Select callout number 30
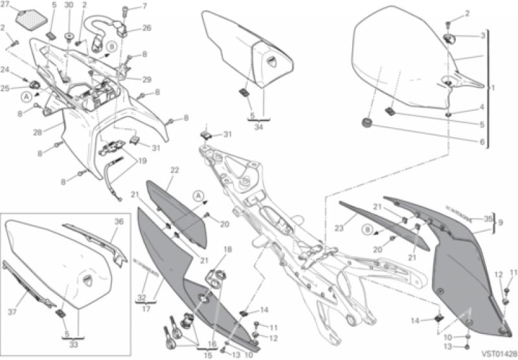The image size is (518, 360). tap(69, 5)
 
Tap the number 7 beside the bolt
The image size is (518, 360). tap(144, 6)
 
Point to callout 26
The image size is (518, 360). tap(146, 28)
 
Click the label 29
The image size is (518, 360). tap(146, 80)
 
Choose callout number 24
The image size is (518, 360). tap(5, 69)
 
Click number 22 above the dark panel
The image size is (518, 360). tap(174, 170)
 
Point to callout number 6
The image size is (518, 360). tap(482, 141)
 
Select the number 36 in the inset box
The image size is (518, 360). tap(118, 221)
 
